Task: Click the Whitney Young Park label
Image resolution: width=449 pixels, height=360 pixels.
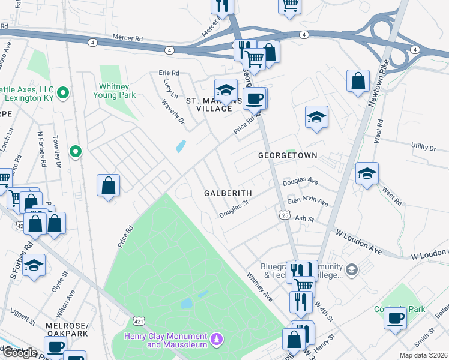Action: point(118,91)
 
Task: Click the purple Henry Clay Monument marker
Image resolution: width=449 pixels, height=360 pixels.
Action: point(217,340)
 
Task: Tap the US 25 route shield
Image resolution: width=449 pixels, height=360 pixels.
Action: point(285,214)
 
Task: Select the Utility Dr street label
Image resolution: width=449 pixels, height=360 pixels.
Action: point(423,148)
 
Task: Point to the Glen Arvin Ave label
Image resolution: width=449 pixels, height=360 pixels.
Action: point(308,201)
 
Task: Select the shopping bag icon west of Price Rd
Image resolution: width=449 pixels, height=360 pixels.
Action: point(109,185)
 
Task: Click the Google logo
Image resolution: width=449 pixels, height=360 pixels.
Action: point(20,352)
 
